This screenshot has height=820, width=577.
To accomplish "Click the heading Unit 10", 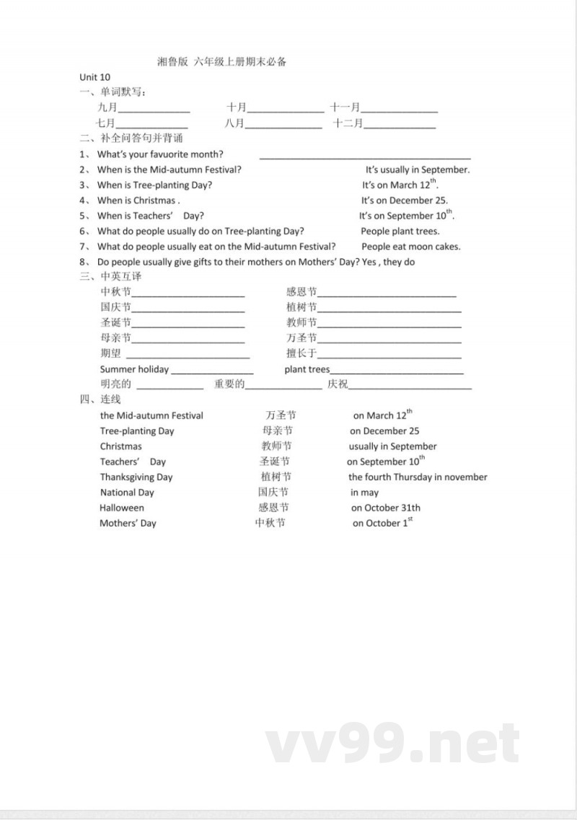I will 95,77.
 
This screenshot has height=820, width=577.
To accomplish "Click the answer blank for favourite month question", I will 365,156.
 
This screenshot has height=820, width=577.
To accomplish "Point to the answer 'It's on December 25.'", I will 405,200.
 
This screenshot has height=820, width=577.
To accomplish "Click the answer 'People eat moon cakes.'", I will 410,247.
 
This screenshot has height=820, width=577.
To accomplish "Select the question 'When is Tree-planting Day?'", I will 154,185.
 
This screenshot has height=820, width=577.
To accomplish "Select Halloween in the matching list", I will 122,508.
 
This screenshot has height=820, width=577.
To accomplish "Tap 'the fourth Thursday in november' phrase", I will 418,477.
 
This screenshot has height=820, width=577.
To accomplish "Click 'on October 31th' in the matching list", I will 386,508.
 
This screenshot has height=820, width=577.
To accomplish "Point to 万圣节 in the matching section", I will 281,415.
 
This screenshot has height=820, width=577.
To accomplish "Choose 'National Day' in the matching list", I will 127,493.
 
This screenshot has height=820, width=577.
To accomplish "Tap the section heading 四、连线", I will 100,399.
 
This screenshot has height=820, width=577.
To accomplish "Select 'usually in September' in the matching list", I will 393,446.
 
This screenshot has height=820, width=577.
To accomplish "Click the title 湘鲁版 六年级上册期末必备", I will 222,62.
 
